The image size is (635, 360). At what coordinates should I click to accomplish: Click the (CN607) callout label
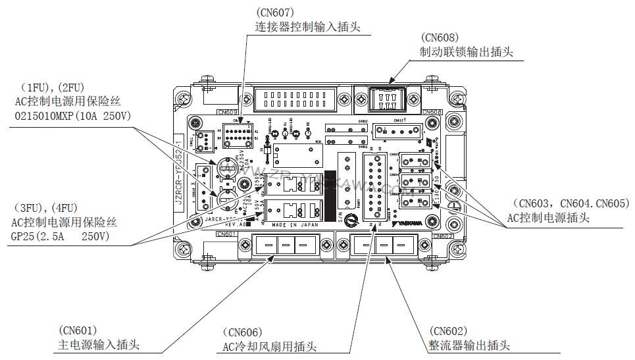tap(275, 12)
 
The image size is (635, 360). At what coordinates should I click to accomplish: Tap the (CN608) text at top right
tap(440, 38)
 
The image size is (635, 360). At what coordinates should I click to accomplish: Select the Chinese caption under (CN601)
tap(99, 345)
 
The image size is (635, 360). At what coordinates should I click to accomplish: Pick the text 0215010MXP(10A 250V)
tap(72, 115)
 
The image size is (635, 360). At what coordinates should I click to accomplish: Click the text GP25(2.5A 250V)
tap(63, 236)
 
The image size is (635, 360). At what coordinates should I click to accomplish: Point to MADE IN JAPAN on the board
tap(294, 224)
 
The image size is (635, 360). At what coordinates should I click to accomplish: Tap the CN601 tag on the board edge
tap(226, 234)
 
